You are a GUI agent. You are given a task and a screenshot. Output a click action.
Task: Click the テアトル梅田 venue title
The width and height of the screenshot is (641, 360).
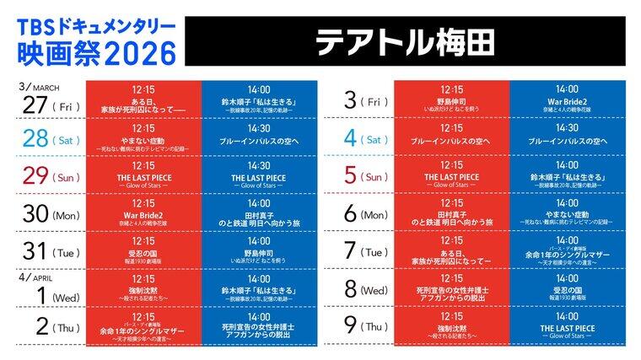(408, 40)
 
